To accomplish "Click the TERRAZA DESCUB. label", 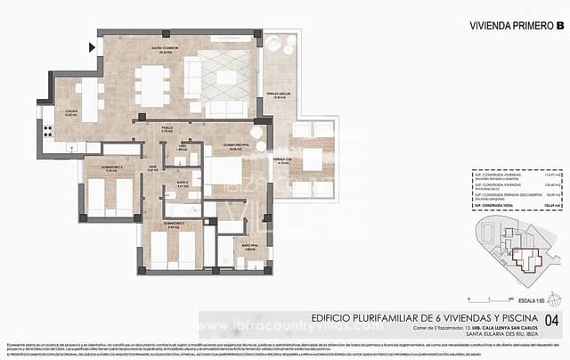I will click(x=277, y=95).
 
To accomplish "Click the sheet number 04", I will click(x=552, y=319).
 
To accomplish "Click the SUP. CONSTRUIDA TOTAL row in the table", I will click(x=512, y=204).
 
